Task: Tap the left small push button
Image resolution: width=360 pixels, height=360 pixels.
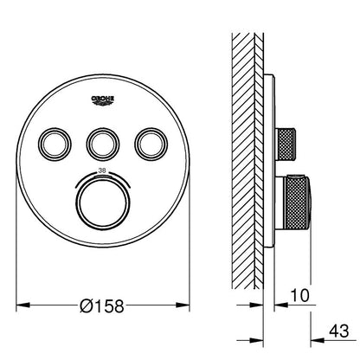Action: tap(55, 144)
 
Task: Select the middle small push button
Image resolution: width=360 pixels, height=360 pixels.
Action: tap(103, 144)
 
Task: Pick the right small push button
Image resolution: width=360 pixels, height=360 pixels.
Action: tap(151, 144)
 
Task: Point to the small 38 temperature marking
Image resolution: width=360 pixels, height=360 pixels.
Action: tap(101, 170)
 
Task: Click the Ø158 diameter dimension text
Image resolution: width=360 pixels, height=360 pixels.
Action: tap(102, 306)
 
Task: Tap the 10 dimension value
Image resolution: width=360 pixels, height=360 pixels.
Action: tap(299, 295)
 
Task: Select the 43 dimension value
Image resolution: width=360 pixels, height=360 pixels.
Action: tap(339, 331)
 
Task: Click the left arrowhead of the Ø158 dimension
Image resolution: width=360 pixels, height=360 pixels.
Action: tap(23, 305)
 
